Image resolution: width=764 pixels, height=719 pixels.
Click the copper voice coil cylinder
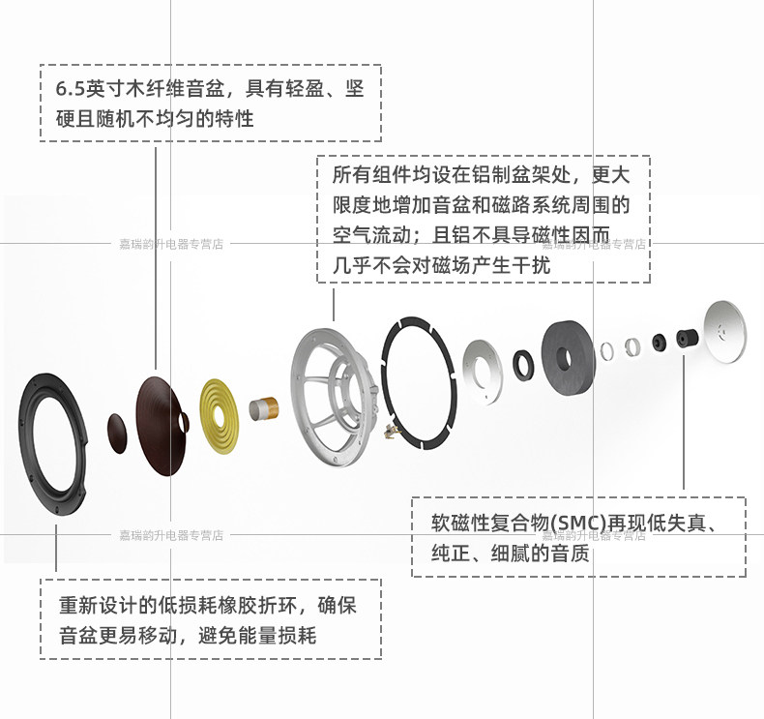(x=264, y=409)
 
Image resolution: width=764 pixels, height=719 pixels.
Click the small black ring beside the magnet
(x=524, y=365)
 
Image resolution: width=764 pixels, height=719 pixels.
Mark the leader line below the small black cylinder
(x=685, y=426)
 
